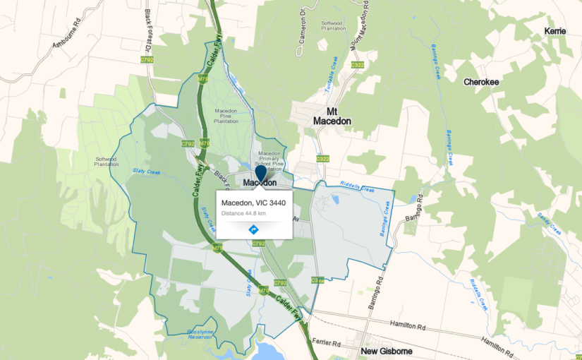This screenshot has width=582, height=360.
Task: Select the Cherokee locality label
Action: coord(481,82)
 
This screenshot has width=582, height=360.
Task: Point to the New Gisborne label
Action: coord(387,351)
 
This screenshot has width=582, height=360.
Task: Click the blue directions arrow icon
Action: coord(253,229)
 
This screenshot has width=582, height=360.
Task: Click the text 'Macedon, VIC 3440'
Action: coord(253,203)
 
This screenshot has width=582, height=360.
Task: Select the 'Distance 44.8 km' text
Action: coord(243,213)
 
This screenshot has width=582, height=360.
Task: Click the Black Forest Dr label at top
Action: coord(149,28)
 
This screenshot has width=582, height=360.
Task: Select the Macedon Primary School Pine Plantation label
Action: coord(270,162)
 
